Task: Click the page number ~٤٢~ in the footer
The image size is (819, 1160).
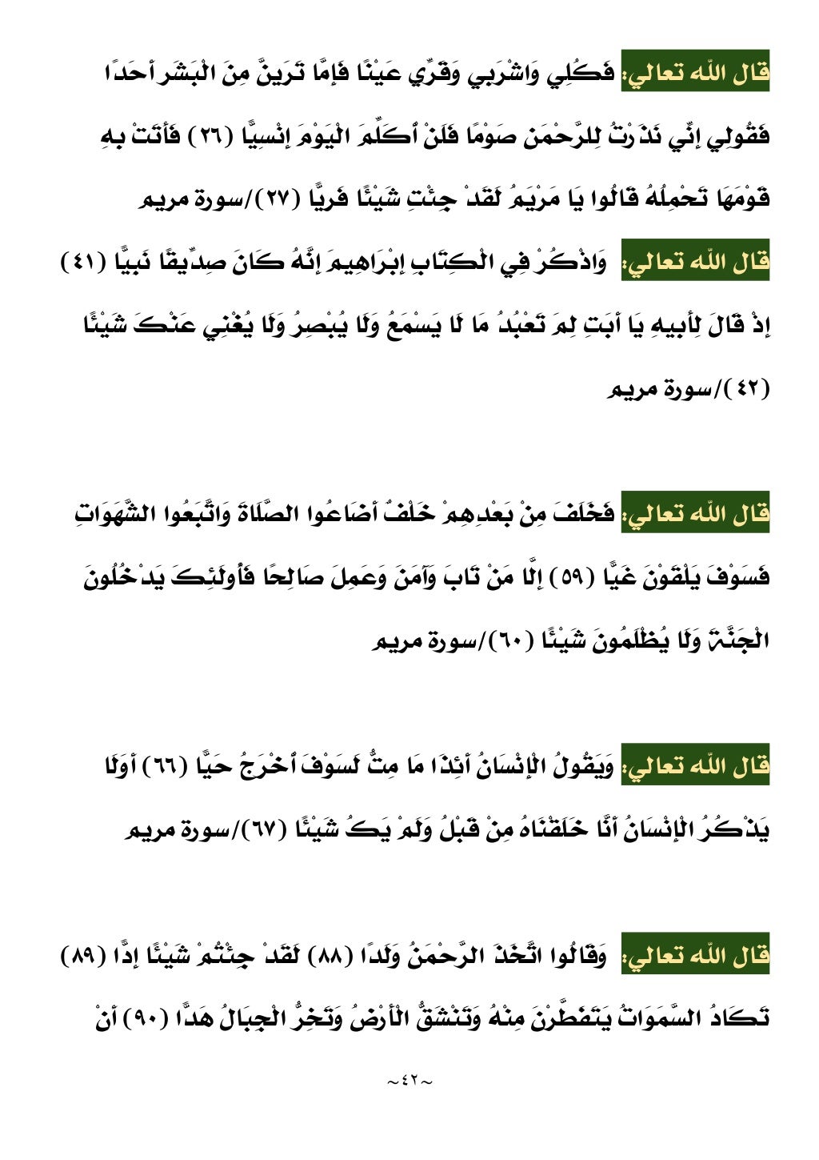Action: click(409, 1082)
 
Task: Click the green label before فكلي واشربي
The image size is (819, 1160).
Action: click(696, 74)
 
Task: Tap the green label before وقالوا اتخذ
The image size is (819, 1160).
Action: click(696, 955)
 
